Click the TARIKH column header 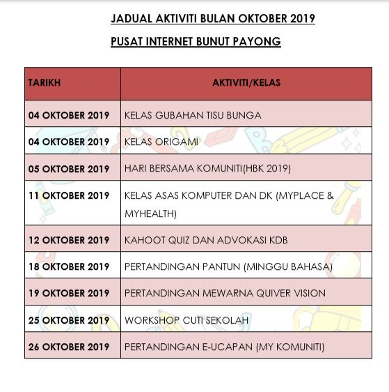pos(45,83)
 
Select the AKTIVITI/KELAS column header pos(246,83)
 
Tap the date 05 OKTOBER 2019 pos(69,169)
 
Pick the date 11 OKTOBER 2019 pos(69,196)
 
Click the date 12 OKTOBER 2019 pos(69,240)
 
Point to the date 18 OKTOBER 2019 pos(69,266)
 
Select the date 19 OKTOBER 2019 pos(69,293)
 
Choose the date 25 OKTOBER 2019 pos(69,320)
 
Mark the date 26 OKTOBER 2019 pos(69,347)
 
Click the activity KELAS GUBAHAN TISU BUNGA pos(193,115)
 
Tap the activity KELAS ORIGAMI pos(161,142)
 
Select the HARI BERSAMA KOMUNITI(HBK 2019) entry pos(207,169)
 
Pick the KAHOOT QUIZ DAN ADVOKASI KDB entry pos(206,240)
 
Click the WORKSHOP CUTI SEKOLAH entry pos(186,320)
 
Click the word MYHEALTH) pos(150,213)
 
